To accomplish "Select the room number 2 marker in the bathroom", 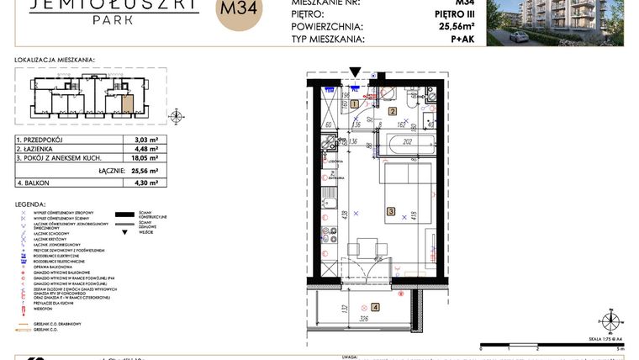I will coord(392,111).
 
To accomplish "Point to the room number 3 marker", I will coord(390,212).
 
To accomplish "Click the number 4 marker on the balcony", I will coord(375,307).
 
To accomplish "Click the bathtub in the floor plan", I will coord(406,143).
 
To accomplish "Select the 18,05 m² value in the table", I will coord(146,157).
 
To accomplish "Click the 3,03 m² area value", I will coord(146,139).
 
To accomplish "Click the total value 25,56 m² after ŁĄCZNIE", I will coord(145,170).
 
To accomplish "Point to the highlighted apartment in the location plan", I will coord(128,104).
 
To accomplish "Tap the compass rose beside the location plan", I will coord(177,114).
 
